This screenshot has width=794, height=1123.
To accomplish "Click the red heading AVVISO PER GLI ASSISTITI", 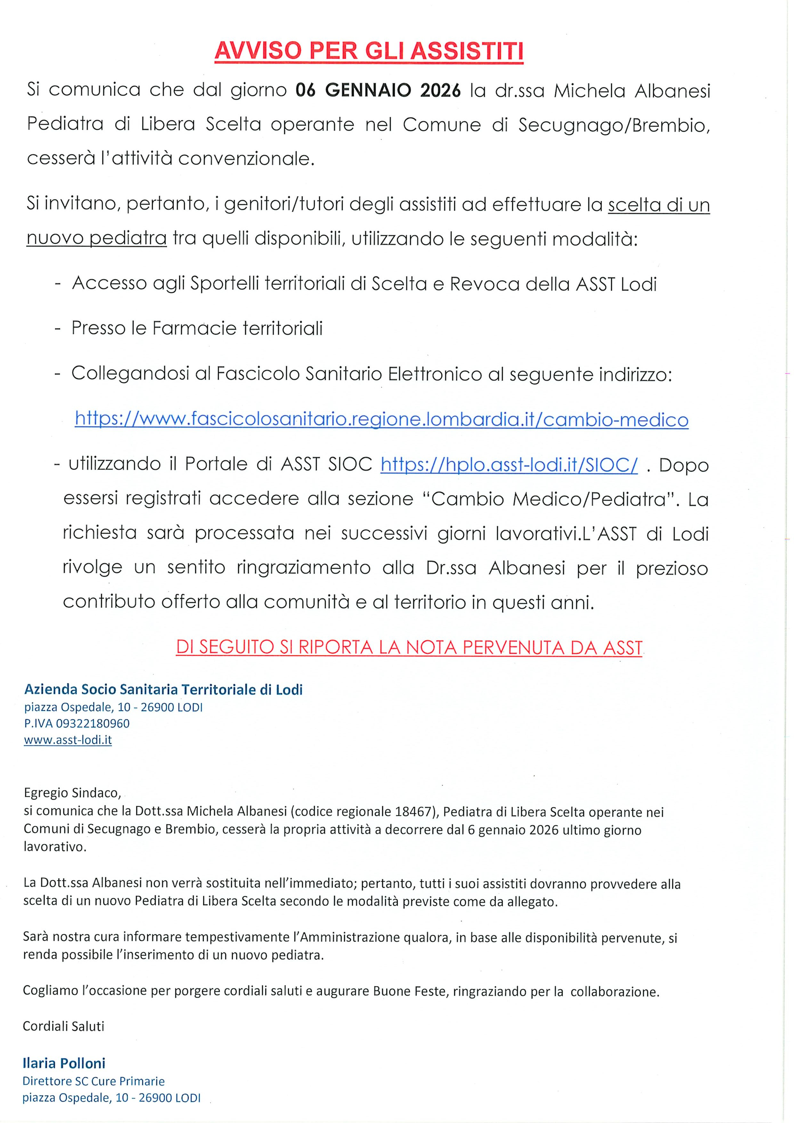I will tap(369, 51).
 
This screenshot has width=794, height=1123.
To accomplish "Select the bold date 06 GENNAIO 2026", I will tap(378, 91).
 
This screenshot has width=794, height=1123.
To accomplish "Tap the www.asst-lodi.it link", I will tap(68, 740).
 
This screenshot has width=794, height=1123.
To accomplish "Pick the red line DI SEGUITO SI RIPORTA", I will tap(409, 648).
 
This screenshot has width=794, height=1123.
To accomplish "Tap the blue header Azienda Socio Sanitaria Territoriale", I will tap(163, 690).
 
